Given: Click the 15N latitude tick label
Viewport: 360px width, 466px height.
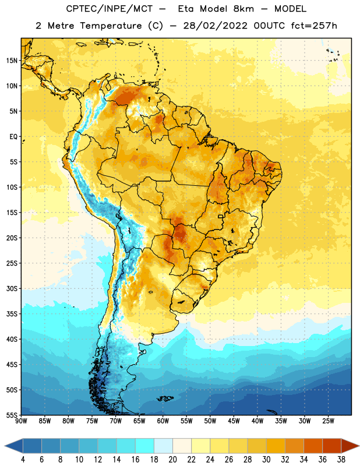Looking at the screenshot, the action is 11,61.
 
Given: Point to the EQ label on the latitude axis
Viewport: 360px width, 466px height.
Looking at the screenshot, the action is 13,137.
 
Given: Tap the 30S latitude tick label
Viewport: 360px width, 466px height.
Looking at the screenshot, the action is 11,288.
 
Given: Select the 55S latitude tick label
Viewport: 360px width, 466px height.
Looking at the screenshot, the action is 11,415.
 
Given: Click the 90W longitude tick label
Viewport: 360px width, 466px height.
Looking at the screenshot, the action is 21,421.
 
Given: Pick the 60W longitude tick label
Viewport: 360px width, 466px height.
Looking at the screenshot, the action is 163,421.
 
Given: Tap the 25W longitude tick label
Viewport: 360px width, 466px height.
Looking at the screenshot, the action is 328,421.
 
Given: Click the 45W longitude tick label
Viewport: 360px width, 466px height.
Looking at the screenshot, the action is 234,421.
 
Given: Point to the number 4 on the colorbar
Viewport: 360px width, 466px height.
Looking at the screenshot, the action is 23,460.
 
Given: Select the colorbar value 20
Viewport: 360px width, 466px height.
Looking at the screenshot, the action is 172,460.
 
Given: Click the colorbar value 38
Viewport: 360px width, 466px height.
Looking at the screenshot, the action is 341,460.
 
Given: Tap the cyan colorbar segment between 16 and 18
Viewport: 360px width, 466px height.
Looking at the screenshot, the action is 145,446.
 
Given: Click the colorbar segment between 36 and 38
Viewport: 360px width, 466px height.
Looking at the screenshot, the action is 332,446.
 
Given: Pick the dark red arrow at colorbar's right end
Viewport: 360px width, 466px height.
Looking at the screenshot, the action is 350,446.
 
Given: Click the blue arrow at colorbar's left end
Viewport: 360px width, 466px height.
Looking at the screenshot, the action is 14,446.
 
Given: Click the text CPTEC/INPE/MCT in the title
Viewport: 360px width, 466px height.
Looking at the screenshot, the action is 110,9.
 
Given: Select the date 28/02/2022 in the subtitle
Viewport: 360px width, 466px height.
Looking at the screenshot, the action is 215,26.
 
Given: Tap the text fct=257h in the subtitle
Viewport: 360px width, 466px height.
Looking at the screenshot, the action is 314,26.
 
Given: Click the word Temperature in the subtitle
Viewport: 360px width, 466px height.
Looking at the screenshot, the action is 111,26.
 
